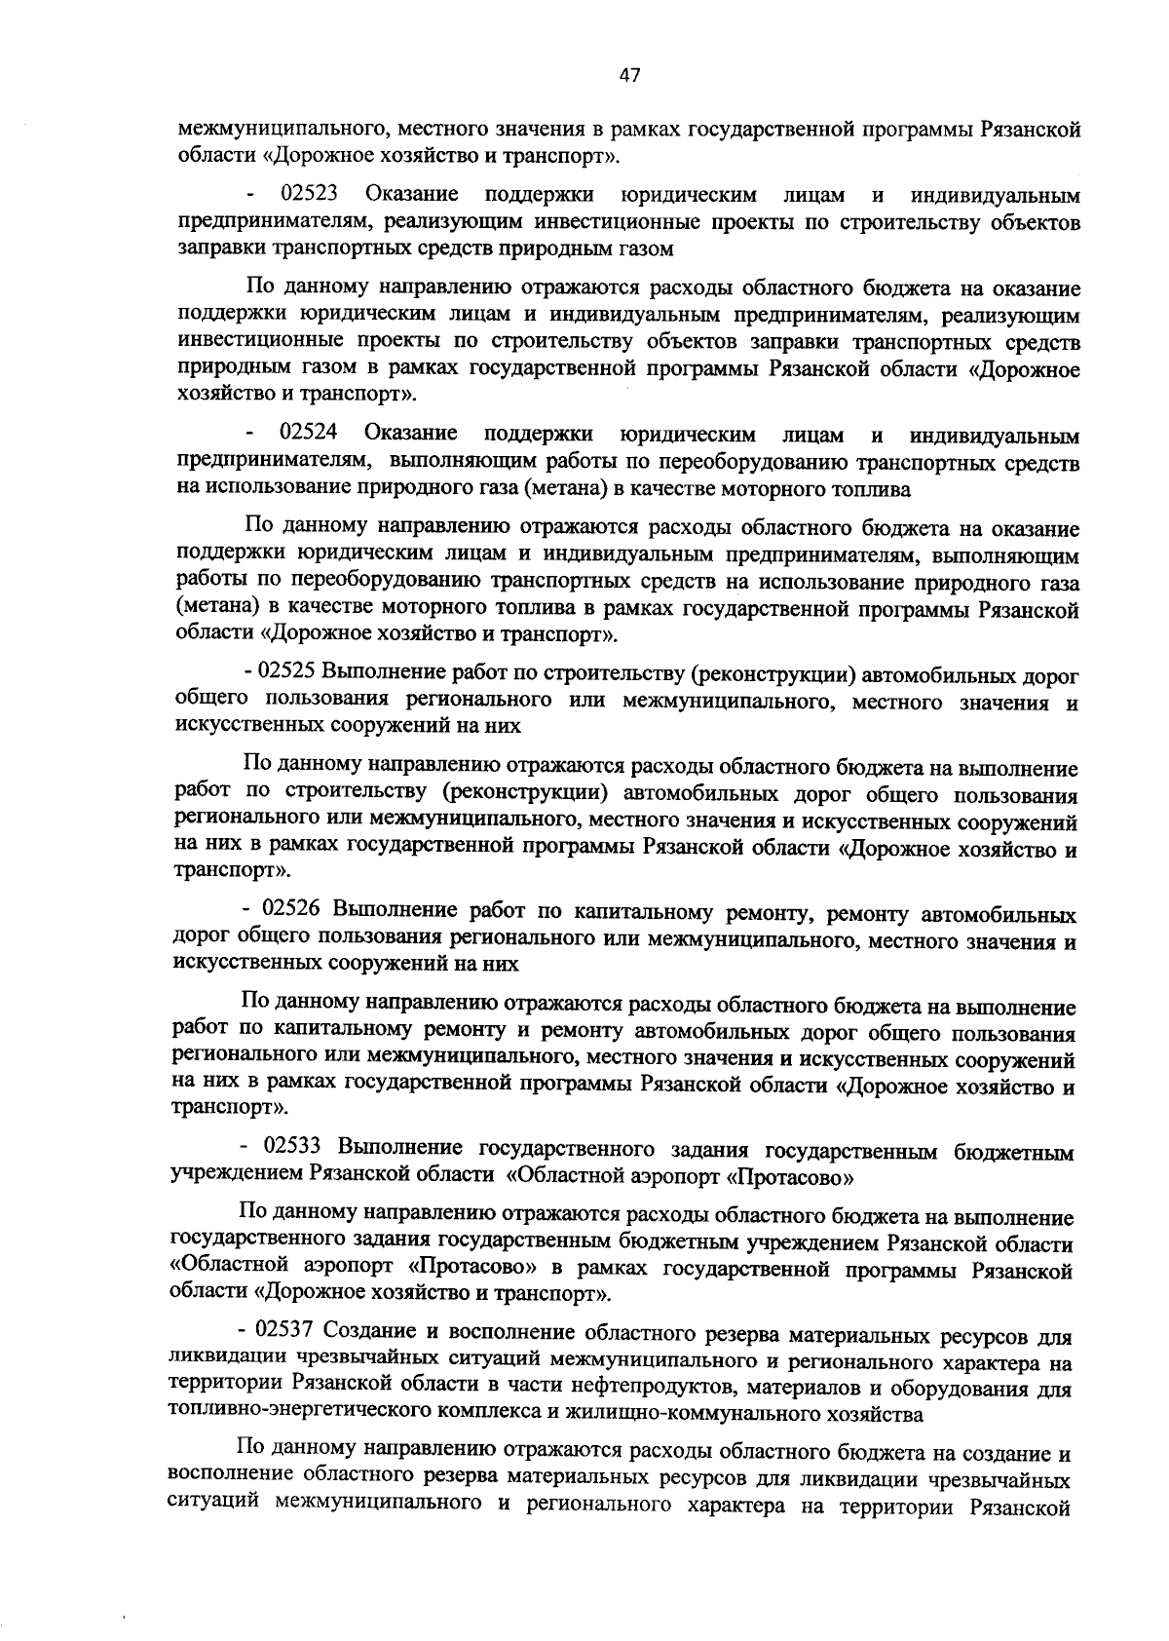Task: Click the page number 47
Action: click(628, 76)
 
